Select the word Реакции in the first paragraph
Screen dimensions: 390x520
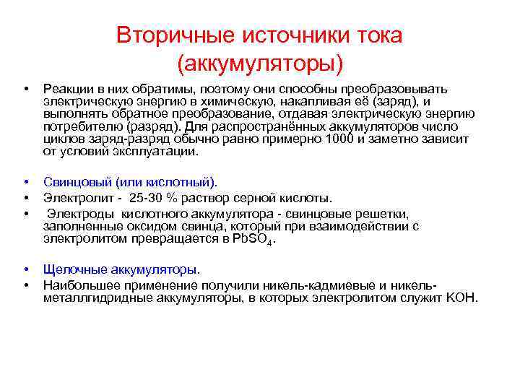tap(66, 89)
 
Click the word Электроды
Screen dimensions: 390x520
tap(77, 214)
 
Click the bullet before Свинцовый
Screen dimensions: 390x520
tap(25, 183)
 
